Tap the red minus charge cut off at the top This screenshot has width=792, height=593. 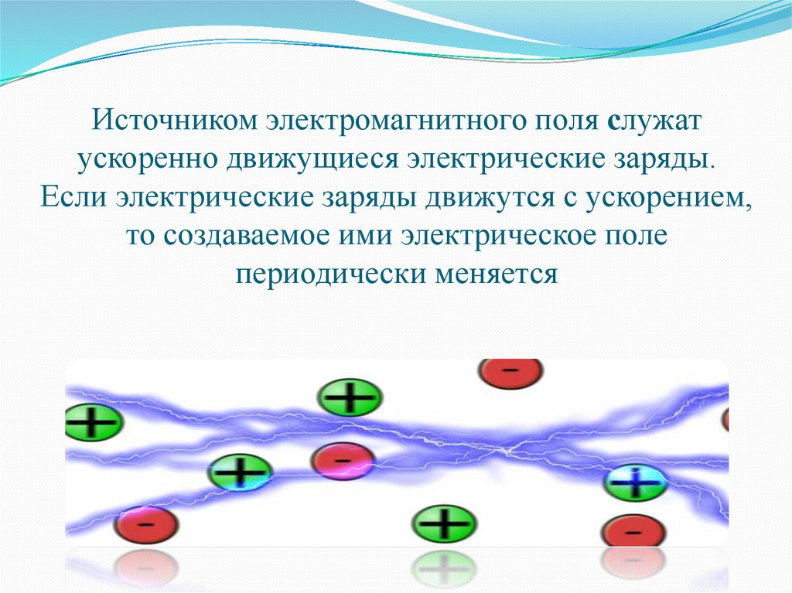pyautogui.click(x=510, y=373)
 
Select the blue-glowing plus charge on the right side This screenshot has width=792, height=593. pyautogui.click(x=635, y=484)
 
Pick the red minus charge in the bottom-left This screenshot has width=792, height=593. pyautogui.click(x=146, y=524)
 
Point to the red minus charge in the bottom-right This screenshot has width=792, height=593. pyautogui.click(x=633, y=531)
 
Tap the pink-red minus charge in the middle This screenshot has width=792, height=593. pyautogui.click(x=343, y=462)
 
